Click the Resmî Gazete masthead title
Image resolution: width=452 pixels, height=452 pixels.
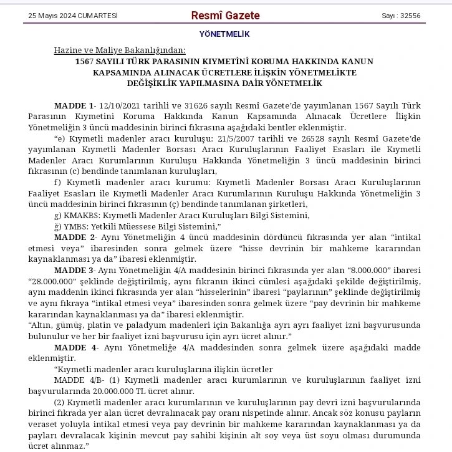(225, 16)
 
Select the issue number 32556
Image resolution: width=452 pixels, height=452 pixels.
(410, 16)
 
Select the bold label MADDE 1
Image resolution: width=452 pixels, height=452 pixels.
(74, 105)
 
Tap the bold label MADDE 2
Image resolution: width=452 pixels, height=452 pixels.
(74, 238)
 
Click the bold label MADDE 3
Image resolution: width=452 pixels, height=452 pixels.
(74, 270)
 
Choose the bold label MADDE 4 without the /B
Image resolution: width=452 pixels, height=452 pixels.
(74, 347)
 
